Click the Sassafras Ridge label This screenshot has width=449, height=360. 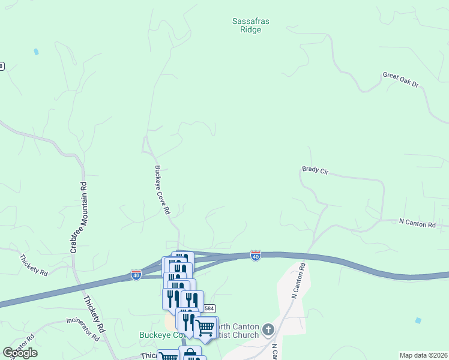(251, 25)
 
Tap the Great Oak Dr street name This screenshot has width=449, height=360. (400, 80)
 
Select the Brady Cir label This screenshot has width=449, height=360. (315, 171)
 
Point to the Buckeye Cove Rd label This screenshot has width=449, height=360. (163, 190)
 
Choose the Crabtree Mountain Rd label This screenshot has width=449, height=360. (78, 217)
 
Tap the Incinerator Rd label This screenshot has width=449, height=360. (74, 329)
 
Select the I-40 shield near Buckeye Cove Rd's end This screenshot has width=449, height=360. (256, 256)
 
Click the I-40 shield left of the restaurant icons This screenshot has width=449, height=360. (136, 275)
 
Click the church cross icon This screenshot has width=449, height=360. (268, 329)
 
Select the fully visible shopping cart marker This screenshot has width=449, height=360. (205, 328)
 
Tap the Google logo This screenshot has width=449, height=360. (20, 353)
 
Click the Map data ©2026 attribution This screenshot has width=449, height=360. (423, 355)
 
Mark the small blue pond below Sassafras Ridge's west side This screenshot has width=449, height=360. (37, 52)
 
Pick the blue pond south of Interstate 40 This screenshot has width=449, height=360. (418, 320)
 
